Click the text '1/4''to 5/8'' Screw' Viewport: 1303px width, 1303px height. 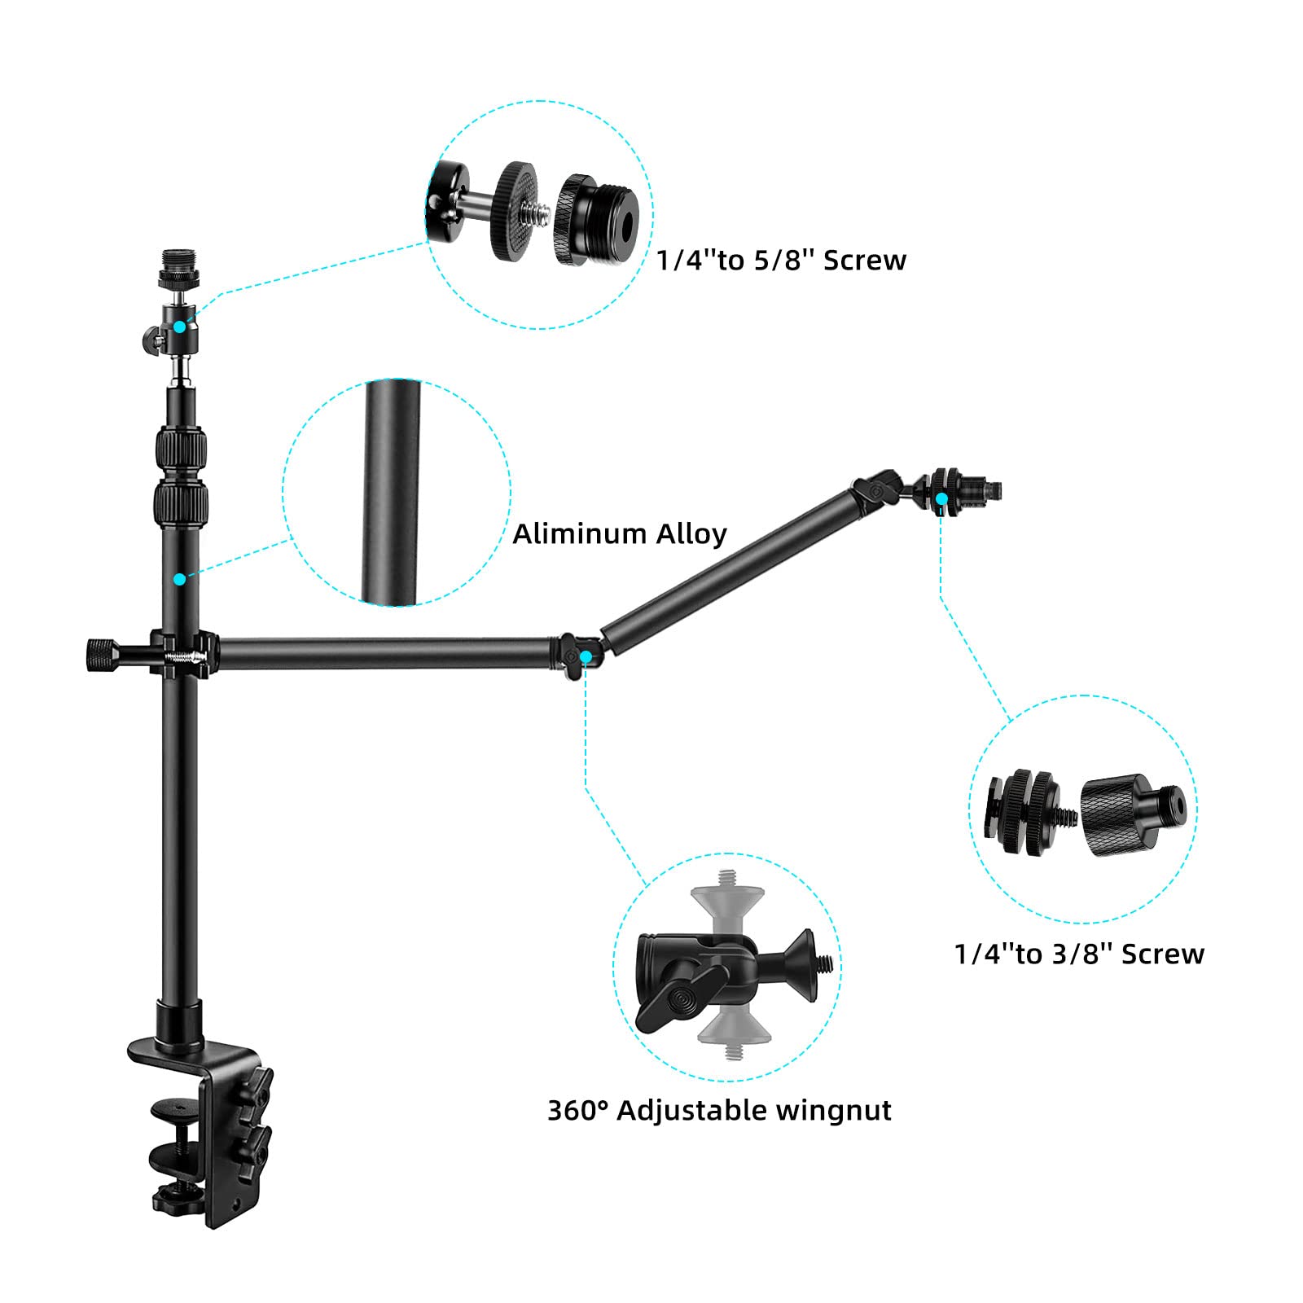(781, 261)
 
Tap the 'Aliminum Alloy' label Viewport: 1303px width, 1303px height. (619, 534)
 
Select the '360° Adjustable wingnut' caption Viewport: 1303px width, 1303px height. (718, 1110)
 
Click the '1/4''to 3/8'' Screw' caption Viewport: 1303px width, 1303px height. (1078, 954)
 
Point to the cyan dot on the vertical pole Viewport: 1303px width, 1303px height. (179, 578)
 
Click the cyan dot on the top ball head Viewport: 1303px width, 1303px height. (179, 327)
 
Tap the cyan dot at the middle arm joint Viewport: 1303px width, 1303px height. (586, 656)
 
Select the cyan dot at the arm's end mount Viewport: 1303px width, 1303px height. (941, 498)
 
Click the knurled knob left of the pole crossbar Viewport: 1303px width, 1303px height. (101, 654)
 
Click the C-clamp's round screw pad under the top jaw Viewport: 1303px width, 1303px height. (174, 1108)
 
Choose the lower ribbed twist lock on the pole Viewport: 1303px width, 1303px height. (180, 507)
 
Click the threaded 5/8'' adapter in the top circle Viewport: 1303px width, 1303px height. (596, 220)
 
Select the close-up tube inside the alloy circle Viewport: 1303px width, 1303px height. (393, 493)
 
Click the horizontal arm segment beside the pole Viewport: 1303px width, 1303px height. (383, 654)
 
